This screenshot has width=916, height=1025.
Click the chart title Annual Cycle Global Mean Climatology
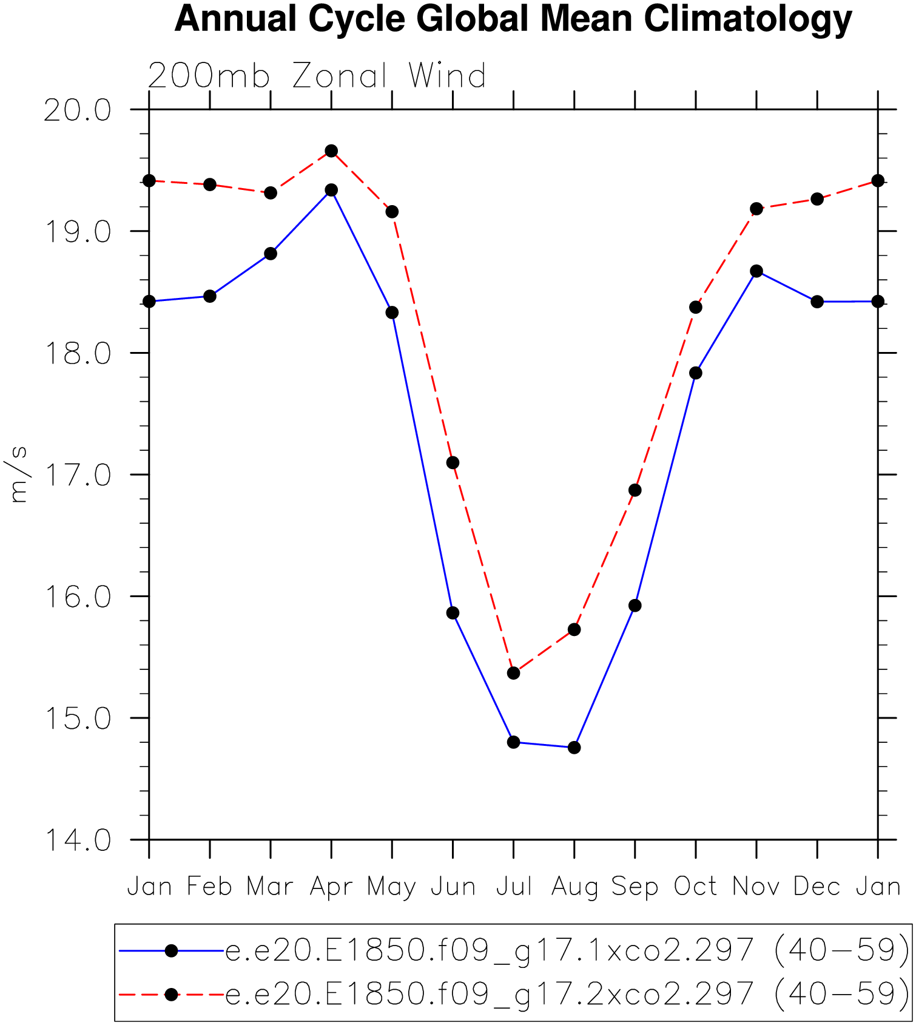(513, 19)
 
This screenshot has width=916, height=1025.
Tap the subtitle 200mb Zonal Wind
(317, 76)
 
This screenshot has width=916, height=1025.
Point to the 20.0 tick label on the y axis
(78, 111)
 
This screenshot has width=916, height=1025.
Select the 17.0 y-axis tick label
(78, 476)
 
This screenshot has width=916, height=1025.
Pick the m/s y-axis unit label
(18, 475)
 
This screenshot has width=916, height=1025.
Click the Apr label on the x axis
(331, 887)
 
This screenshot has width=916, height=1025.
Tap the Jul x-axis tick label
(514, 887)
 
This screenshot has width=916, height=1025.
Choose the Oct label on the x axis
(695, 887)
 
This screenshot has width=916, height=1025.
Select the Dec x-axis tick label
(817, 887)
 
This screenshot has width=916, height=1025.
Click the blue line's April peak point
(331, 190)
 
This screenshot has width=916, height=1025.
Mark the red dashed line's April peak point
(331, 151)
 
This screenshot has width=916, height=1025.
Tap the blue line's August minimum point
(574, 748)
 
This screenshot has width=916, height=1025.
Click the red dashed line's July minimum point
(513, 673)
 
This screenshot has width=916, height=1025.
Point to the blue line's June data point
(453, 613)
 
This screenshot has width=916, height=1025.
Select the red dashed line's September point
(635, 490)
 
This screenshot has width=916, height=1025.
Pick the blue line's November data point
(756, 271)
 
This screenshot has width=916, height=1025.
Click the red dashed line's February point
(210, 184)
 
